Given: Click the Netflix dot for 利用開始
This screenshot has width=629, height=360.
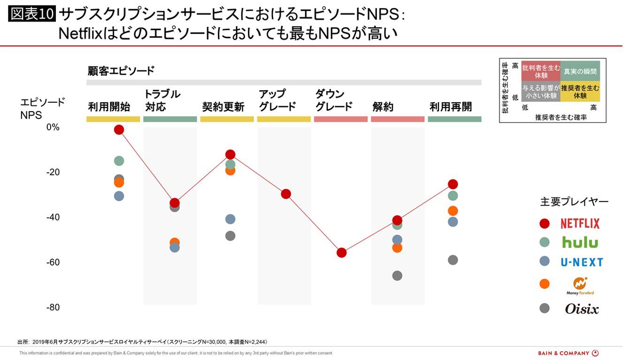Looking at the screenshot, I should point(119,130).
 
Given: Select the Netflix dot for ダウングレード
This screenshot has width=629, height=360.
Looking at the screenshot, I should point(341,253).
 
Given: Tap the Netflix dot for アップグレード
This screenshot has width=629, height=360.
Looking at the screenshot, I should point(286,194).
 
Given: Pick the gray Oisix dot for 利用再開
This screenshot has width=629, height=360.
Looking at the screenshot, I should point(453,260).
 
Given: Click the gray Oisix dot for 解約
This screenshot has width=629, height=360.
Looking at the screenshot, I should point(397,276).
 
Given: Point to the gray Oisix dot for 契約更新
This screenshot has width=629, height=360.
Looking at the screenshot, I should point(230,236).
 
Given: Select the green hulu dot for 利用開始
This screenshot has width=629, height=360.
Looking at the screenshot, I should point(119,161).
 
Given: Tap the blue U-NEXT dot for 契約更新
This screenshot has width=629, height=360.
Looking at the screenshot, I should point(230,219).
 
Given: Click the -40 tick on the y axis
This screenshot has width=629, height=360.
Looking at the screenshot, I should point(53,217).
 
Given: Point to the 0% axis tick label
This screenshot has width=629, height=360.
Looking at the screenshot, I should point(53,127).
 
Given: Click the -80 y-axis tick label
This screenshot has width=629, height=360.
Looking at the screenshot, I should point(53,307).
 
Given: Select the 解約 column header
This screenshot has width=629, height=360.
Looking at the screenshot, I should point(383,107).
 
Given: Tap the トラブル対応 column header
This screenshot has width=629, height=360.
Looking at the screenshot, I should point(162,100).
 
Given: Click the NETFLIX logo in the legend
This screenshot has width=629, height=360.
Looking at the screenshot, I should point(580,223).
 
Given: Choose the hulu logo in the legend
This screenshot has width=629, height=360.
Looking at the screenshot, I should point(580,242).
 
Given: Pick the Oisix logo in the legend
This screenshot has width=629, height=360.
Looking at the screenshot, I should point(582,309).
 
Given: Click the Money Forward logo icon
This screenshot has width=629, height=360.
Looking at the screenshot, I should point(580,283).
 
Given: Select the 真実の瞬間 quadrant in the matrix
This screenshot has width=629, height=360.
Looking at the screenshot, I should point(580,71).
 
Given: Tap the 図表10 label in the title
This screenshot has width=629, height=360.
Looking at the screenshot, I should point(32,15).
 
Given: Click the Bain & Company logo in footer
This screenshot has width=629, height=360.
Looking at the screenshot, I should point(568,353).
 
